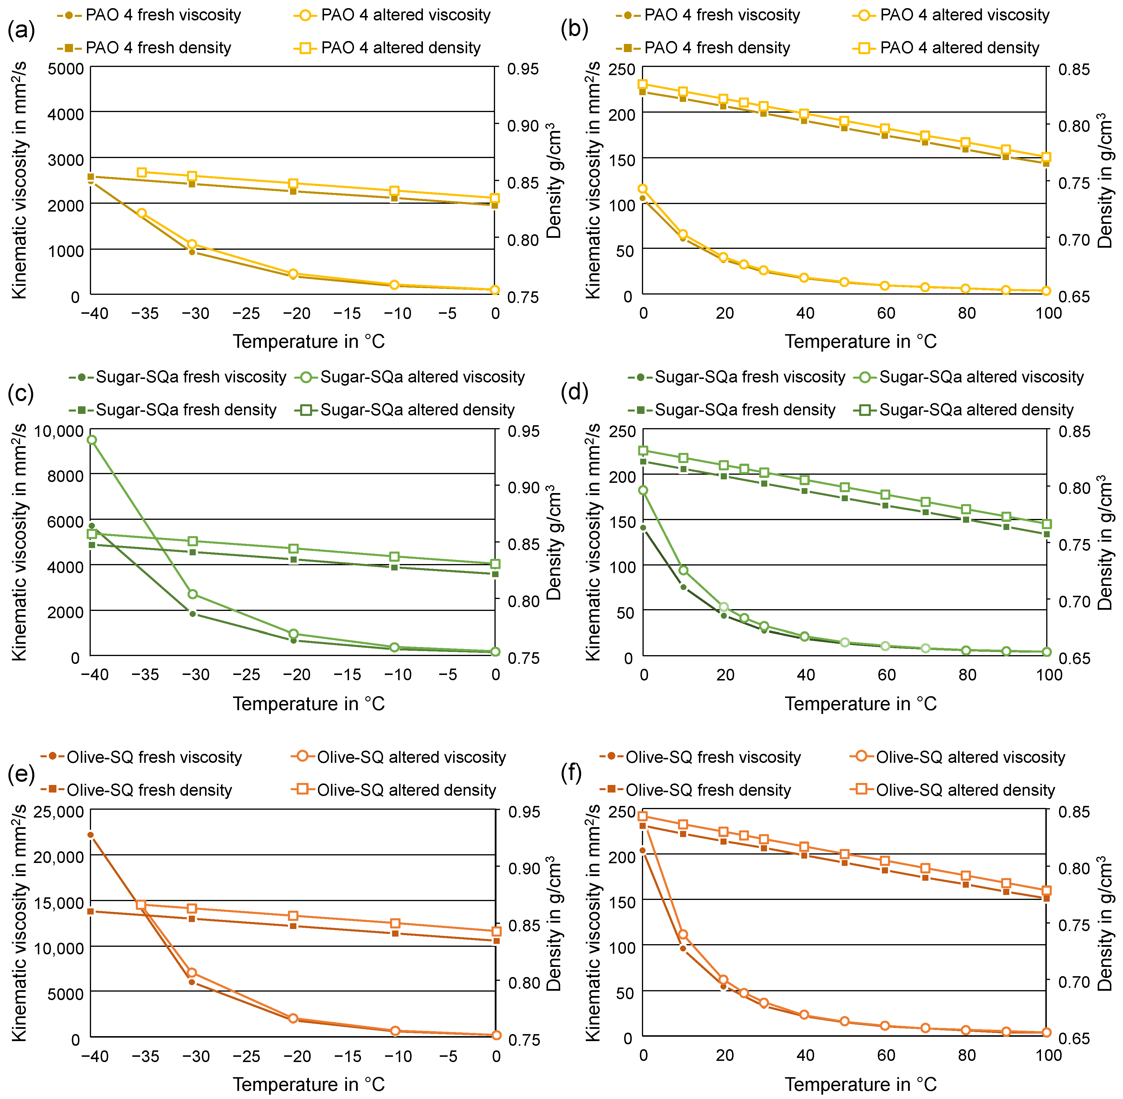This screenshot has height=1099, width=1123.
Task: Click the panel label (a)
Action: (x=21, y=30)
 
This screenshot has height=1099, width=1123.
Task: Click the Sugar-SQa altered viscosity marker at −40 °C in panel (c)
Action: (x=92, y=440)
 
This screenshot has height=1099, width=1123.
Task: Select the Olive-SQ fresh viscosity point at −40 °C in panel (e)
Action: (x=90, y=835)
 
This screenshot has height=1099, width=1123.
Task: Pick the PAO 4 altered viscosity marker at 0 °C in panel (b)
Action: (x=643, y=189)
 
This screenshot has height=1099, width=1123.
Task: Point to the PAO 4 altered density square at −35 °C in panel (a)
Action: (x=142, y=172)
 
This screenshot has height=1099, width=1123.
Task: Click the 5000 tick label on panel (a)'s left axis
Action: (x=65, y=69)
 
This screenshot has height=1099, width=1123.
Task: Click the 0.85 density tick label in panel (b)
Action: (x=1073, y=69)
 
